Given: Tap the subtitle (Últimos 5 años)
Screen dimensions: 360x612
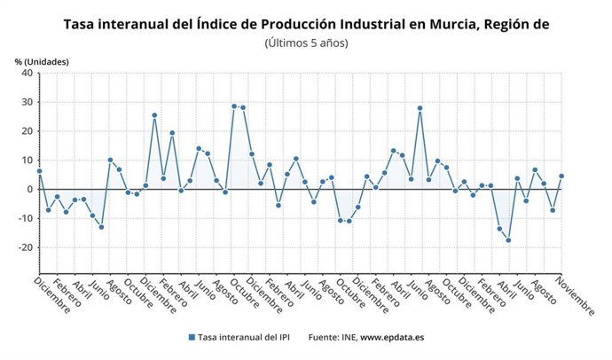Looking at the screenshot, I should (x=306, y=43).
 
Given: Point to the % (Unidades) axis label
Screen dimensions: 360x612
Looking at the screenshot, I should (x=42, y=61).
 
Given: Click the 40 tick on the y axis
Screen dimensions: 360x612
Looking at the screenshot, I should (x=27, y=74).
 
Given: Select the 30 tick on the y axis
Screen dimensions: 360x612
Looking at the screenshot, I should (x=27, y=103).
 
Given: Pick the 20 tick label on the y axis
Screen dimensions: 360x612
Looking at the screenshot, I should (x=27, y=131).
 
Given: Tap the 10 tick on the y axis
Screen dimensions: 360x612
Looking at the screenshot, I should (x=27, y=160).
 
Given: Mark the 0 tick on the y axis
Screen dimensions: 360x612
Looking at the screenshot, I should (x=30, y=190).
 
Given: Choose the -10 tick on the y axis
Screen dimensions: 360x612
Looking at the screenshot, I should (x=26, y=218).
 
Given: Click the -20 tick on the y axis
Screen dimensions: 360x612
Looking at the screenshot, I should (x=26, y=247).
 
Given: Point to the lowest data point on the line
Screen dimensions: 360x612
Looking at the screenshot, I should (x=508, y=240).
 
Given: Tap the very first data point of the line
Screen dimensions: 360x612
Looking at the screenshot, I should (x=40, y=171).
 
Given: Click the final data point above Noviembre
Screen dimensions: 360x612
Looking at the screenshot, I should (x=561, y=176).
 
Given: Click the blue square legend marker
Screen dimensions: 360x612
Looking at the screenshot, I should (x=191, y=337).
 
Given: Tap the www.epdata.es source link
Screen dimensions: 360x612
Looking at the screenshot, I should (x=391, y=337).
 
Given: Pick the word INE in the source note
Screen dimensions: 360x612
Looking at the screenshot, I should (x=346, y=337).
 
